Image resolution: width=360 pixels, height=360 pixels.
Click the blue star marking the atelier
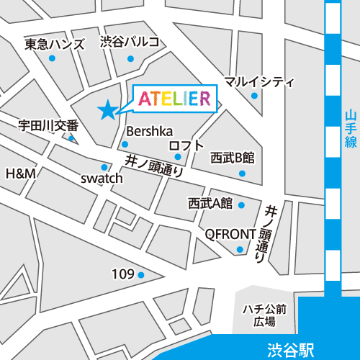pyautogui.click(x=107, y=109)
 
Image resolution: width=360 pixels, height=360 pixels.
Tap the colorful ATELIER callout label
pyautogui.click(x=173, y=99)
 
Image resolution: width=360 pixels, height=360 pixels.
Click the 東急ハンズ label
pyautogui.click(x=55, y=44)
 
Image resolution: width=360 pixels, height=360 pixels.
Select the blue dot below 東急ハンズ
pyautogui.click(x=52, y=59)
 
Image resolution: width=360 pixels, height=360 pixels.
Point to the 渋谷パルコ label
pyautogui.click(x=130, y=41)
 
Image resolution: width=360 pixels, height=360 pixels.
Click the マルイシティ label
pyautogui.click(x=259, y=81)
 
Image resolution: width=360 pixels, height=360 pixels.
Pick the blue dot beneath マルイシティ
pyautogui.click(x=254, y=95)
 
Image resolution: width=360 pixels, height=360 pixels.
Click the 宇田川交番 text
pyautogui.click(x=48, y=125)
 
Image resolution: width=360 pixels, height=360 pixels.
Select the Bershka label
pyautogui.click(x=149, y=131)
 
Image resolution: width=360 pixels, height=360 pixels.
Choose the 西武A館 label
pyautogui.click(x=211, y=203)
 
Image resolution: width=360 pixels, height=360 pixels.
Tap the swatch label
pyautogui.click(x=102, y=178)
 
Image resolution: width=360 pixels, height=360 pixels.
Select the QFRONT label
pyautogui.click(x=230, y=234)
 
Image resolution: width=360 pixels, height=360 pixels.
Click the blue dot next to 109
pyautogui.click(x=141, y=274)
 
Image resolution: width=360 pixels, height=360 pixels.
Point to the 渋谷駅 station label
pyautogui.click(x=289, y=351)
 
